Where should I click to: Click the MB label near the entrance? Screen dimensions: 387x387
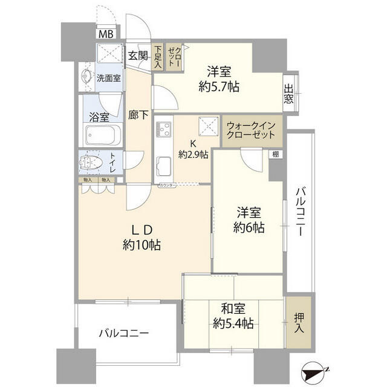(105, 34)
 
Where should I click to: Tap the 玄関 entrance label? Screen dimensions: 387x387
(138, 56)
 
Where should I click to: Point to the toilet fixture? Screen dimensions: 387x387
(94, 162)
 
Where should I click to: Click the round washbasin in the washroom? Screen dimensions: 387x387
(85, 77)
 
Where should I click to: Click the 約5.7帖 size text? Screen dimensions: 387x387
(219, 86)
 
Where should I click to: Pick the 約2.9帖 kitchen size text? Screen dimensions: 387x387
(193, 154)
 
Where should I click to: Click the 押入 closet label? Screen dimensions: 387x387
(299, 322)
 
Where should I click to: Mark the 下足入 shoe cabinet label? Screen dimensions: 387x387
(158, 56)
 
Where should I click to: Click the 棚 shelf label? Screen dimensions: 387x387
(276, 155)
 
